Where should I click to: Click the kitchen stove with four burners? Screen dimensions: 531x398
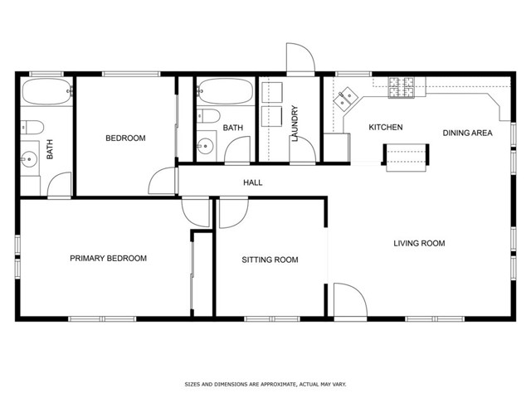(x=402, y=88)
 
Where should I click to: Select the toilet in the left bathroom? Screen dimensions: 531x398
(x=32, y=127)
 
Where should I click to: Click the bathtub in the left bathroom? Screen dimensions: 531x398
(x=46, y=91)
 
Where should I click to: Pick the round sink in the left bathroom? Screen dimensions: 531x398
(x=29, y=158)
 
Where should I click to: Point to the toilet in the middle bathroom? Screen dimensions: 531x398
(x=208, y=116)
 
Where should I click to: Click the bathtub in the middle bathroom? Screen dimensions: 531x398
(x=225, y=90)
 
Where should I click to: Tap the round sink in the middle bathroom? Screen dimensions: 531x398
(x=205, y=146)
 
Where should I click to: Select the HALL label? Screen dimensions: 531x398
(x=252, y=182)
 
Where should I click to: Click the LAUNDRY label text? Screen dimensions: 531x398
(x=295, y=124)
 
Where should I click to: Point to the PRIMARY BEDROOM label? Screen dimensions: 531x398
(x=109, y=258)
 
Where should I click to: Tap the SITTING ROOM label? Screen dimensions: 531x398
(x=270, y=260)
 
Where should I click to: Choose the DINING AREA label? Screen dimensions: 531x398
(x=467, y=133)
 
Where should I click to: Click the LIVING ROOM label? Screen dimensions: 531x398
(x=419, y=243)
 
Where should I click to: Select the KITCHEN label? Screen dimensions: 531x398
(x=385, y=127)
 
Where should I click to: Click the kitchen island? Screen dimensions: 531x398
(x=406, y=157)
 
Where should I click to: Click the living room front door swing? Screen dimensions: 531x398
(x=350, y=300)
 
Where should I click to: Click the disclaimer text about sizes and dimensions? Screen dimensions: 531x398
(x=265, y=384)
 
